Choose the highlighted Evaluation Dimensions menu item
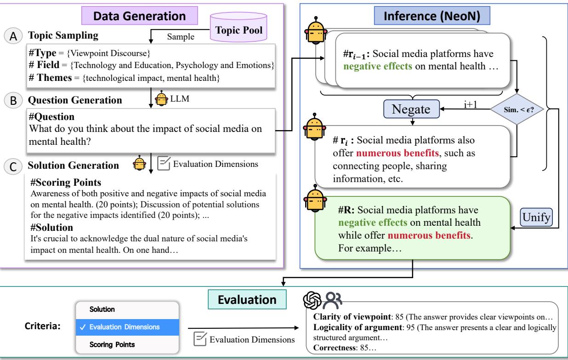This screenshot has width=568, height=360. click(126, 327)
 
